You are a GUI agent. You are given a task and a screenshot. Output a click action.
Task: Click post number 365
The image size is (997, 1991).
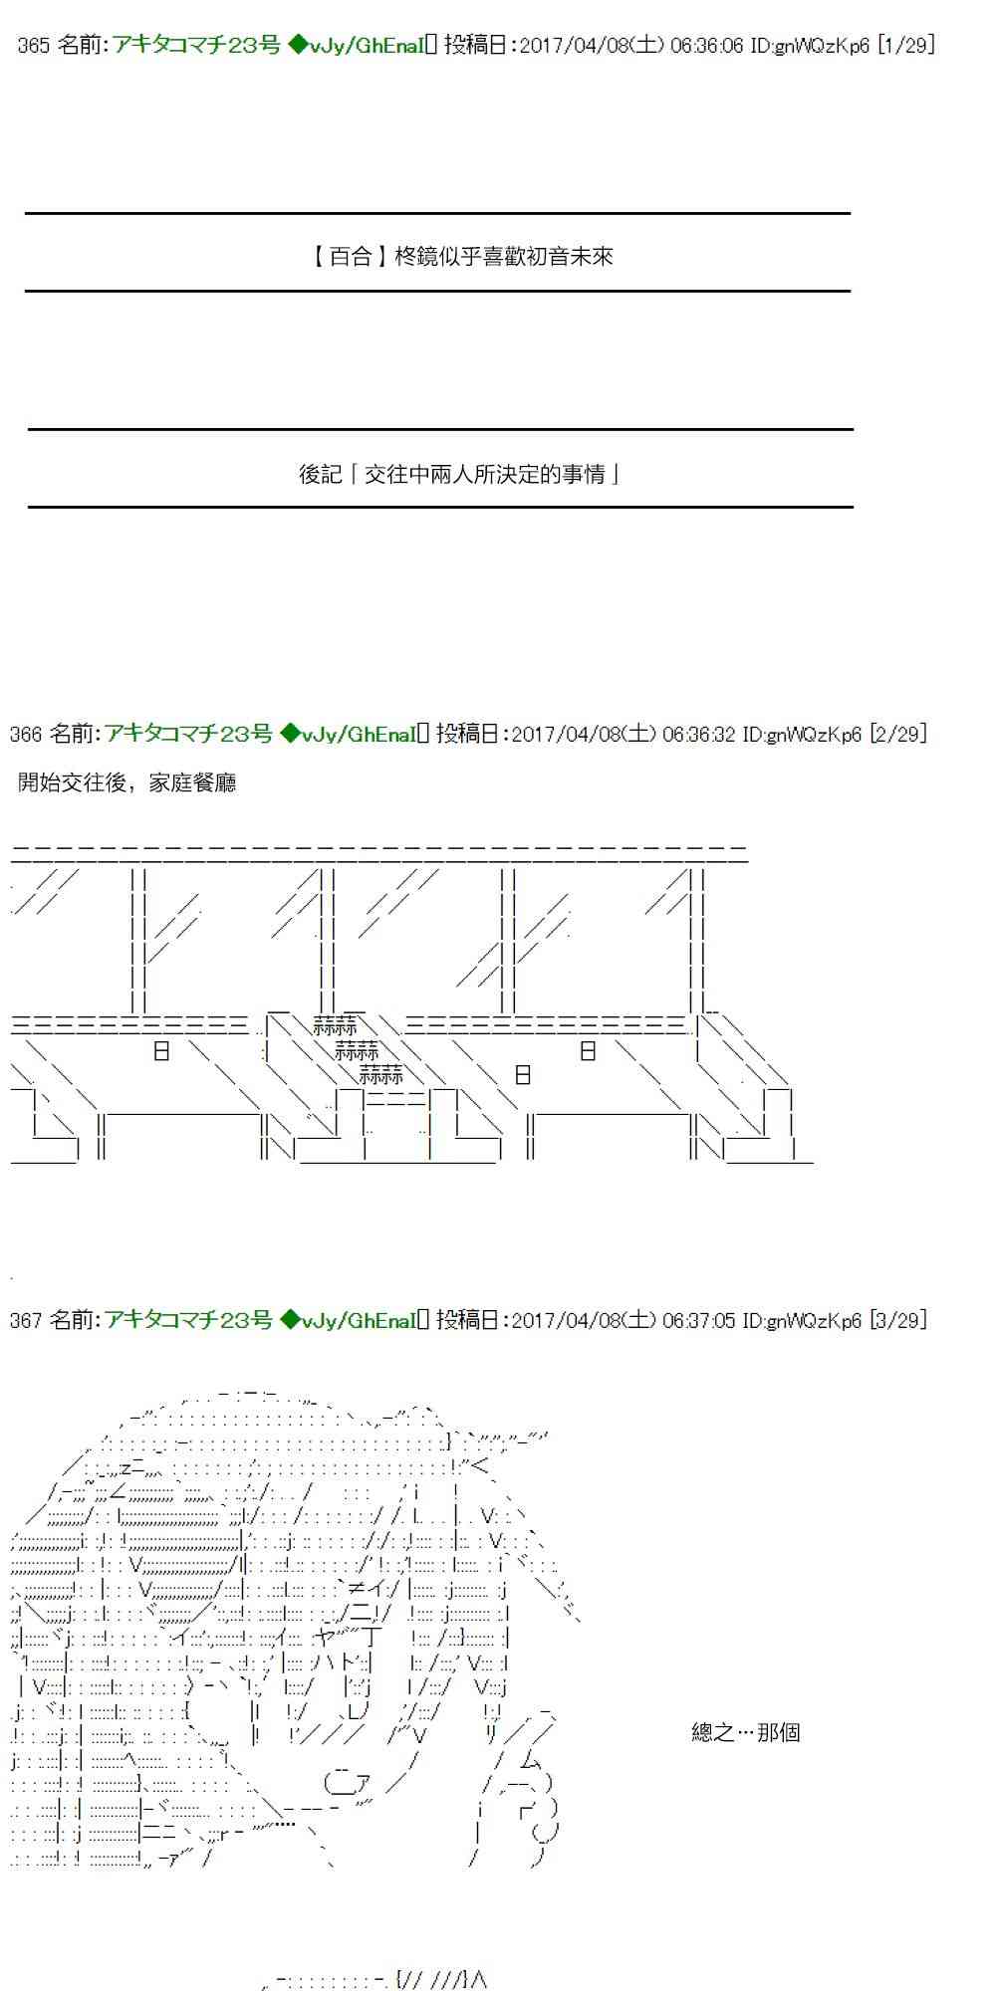click(34, 46)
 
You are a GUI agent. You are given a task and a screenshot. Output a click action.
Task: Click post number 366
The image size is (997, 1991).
click(26, 735)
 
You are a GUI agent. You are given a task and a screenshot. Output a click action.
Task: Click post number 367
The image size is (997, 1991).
click(26, 1321)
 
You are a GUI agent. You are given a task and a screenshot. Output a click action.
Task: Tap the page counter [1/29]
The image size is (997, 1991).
click(906, 46)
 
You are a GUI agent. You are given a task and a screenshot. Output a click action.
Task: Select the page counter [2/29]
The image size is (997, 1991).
click(898, 735)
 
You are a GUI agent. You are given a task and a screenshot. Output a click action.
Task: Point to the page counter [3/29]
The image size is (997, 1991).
click(898, 1321)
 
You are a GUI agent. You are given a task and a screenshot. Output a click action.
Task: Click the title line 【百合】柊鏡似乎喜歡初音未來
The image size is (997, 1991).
click(459, 257)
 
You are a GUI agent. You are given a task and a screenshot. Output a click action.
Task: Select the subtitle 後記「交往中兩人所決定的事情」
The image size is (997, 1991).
click(459, 475)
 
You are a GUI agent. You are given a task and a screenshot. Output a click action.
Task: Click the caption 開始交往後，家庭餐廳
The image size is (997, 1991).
click(127, 783)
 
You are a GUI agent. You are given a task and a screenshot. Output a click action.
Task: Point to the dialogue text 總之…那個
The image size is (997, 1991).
click(746, 1733)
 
